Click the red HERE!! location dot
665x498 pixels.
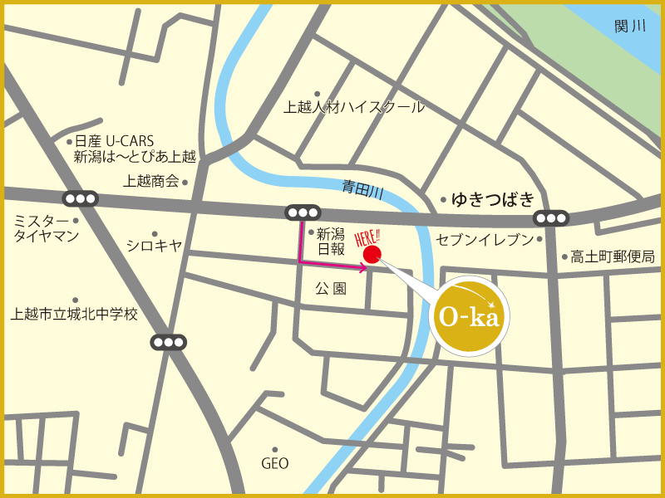[372, 253]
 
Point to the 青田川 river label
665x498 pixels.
[363, 190]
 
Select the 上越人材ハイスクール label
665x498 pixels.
[354, 107]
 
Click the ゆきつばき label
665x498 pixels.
[492, 199]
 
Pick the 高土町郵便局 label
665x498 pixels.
[613, 256]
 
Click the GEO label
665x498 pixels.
[274, 463]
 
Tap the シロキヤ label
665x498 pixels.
[154, 244]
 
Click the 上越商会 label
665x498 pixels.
[151, 181]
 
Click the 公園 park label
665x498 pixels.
[330, 289]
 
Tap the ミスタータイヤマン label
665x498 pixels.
[46, 228]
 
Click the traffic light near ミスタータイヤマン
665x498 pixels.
[80, 198]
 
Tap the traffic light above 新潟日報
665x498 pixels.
[302, 212]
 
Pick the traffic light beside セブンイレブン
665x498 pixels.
[551, 218]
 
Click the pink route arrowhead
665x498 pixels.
[362, 267]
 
